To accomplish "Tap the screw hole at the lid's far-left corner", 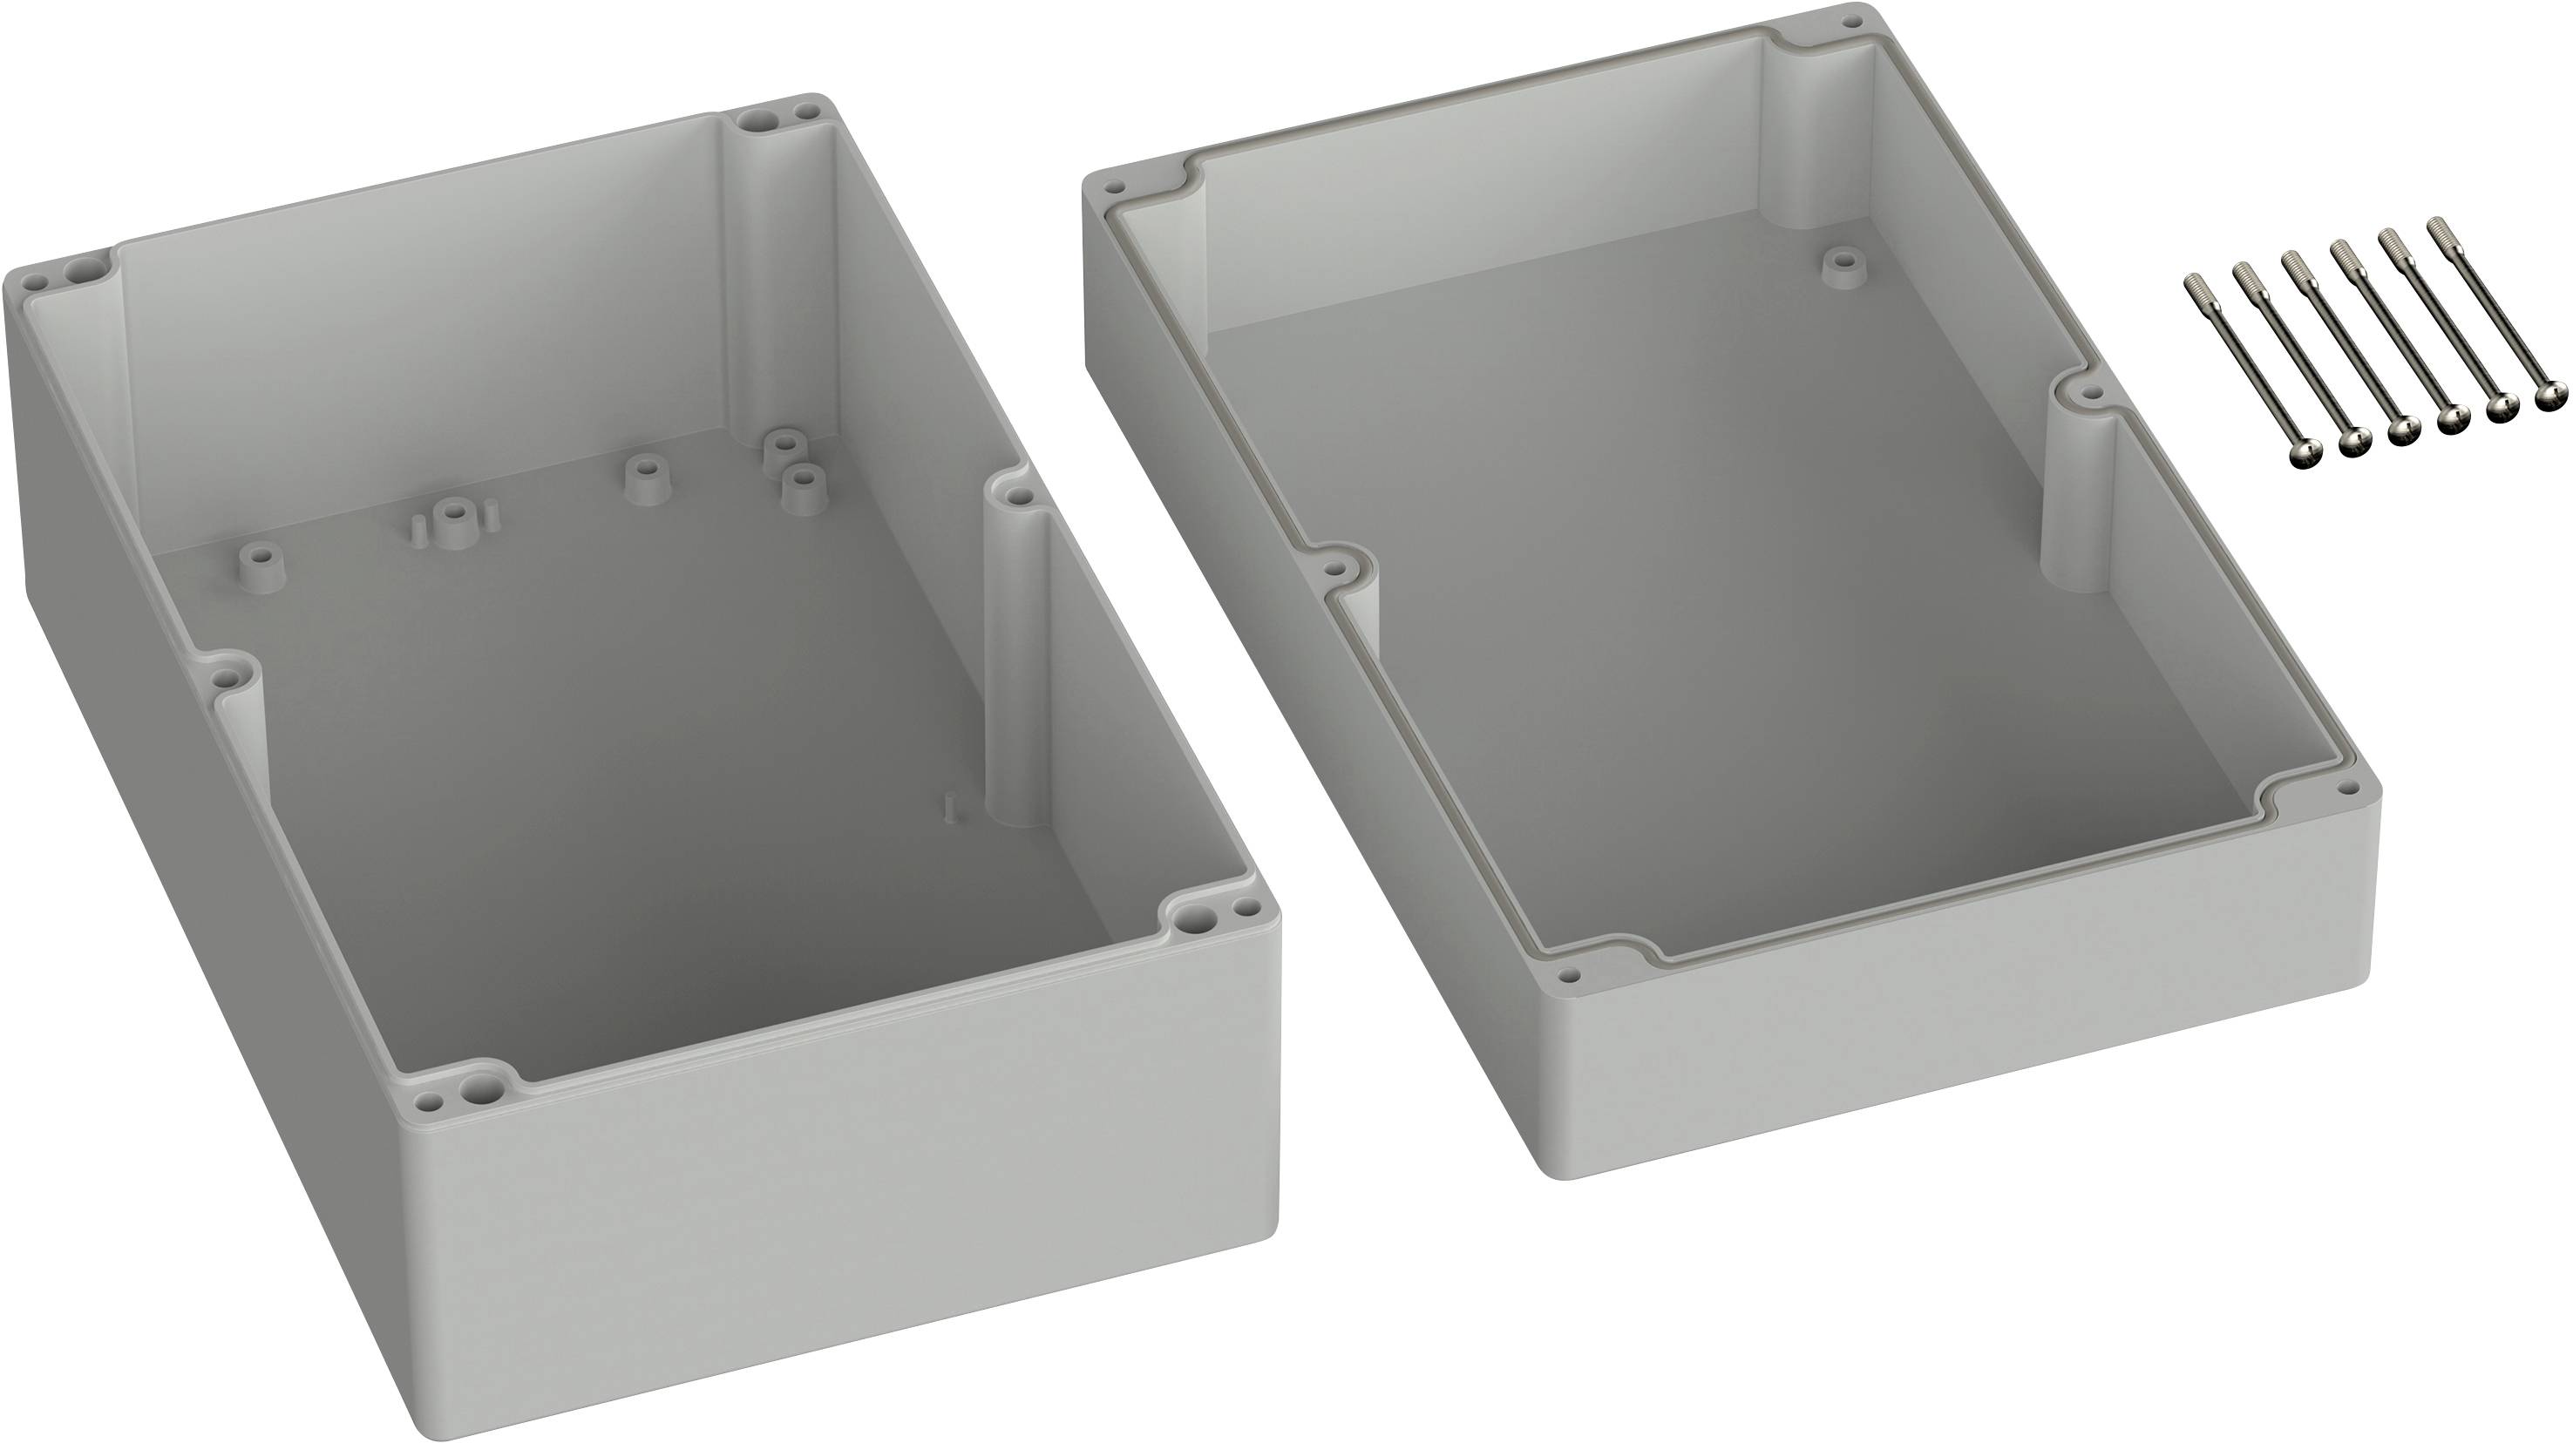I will click(x=1113, y=185).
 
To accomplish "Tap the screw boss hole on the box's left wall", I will click(x=230, y=679).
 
